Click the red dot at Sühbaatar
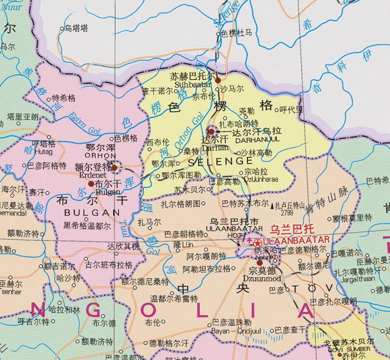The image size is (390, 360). [x=218, y=79]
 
